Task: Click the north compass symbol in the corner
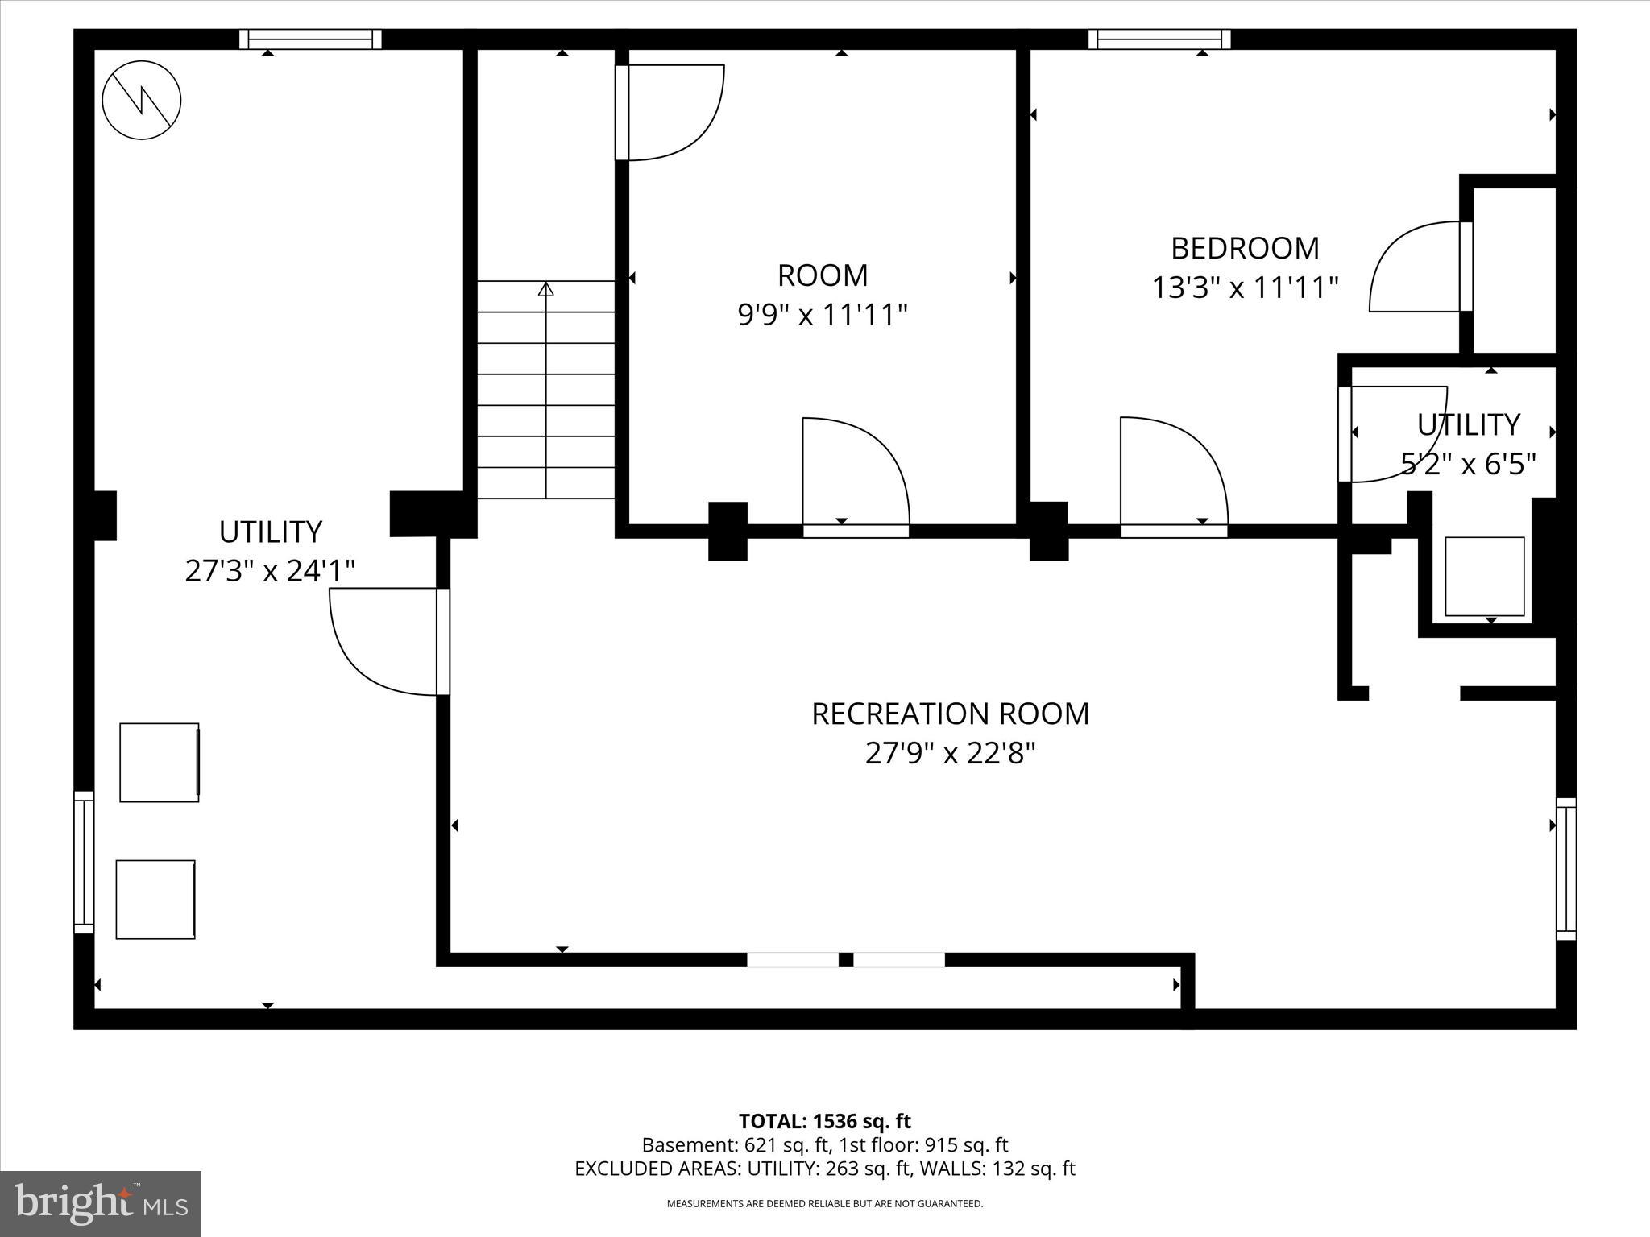pos(142,101)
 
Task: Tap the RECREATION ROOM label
pos(950,714)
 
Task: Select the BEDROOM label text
pos(1245,248)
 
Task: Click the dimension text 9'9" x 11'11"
pos(823,315)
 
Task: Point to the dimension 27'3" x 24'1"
pos(270,571)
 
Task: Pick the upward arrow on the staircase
pos(546,288)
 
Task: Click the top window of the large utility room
pos(310,39)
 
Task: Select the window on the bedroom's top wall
pos(1159,39)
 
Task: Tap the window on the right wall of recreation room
pos(1565,869)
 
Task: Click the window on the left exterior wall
pos(84,862)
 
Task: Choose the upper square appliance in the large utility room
pos(160,762)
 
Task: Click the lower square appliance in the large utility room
pos(155,899)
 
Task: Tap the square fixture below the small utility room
pos(1484,577)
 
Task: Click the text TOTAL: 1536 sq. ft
pos(824,1121)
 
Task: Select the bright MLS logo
pos(101,1203)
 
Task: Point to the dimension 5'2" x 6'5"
pos(1469,465)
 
